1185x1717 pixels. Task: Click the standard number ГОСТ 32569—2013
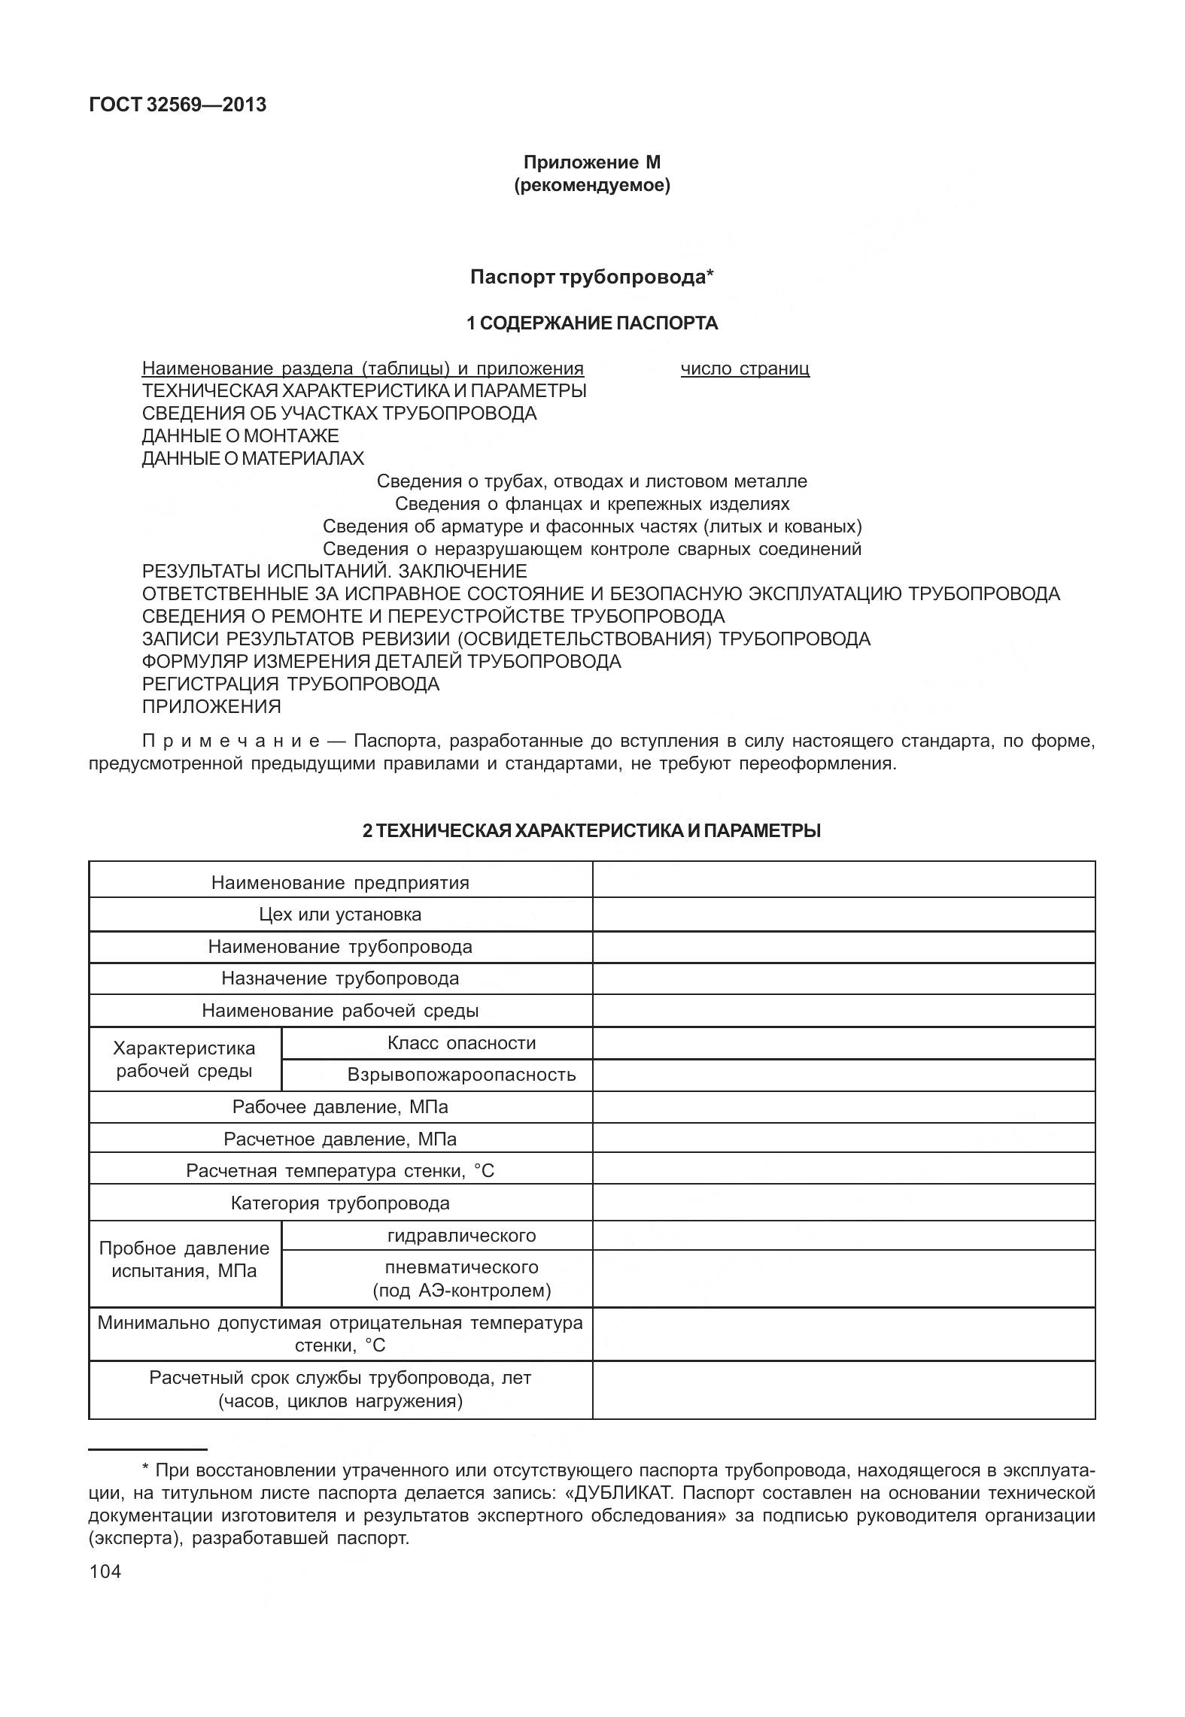click(178, 105)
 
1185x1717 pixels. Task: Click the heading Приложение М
click(591, 162)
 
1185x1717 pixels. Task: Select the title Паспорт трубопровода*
click(591, 278)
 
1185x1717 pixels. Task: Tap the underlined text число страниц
click(745, 369)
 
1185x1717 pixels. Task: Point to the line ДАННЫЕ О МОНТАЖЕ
click(240, 436)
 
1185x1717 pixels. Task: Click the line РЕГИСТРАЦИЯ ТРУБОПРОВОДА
click(290, 684)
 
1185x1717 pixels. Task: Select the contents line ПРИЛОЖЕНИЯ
click(211, 707)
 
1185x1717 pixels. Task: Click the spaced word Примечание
click(231, 742)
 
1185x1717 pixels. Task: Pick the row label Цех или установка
click(340, 915)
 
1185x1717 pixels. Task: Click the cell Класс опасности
click(461, 1043)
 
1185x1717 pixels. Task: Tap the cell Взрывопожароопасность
click(461, 1075)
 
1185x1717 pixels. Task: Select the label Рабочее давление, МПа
click(340, 1107)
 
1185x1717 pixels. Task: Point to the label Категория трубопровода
click(340, 1203)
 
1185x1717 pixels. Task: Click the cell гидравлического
click(461, 1236)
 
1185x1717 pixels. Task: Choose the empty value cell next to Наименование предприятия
click(843, 881)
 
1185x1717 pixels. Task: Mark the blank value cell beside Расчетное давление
click(843, 1139)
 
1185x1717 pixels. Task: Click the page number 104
click(105, 1572)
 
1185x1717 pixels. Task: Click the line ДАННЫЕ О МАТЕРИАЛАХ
click(253, 459)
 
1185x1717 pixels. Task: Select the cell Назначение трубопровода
click(340, 978)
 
